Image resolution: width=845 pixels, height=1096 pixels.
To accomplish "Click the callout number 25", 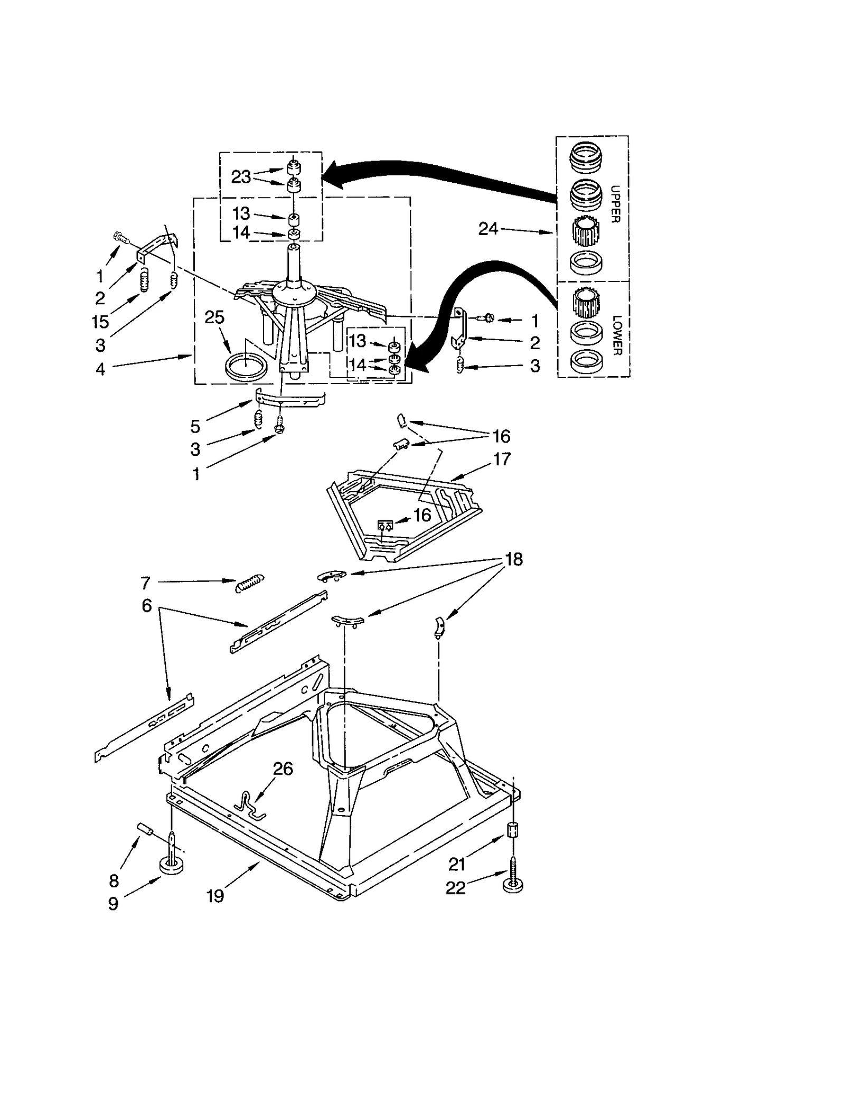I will pos(214,317).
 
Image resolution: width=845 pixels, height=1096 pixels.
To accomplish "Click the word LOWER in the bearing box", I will pos(617,335).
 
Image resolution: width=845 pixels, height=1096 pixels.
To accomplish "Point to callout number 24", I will pos(488,229).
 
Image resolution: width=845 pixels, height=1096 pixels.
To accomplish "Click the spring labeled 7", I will pos(250,583).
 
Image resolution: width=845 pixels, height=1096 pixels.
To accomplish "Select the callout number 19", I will pos(215,896).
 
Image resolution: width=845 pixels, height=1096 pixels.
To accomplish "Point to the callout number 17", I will pos(502,459).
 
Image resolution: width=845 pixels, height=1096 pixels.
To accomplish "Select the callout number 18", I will pos(514,559).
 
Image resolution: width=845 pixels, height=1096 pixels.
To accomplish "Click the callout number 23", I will pos(241,177).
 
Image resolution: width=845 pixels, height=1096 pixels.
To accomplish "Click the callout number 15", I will pos(100,321).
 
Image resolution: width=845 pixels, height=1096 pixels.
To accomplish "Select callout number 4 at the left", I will pos(100,369).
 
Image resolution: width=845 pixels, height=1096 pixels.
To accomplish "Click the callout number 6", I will pos(147,605).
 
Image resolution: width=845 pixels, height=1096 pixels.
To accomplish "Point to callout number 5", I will pos(195,426).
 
